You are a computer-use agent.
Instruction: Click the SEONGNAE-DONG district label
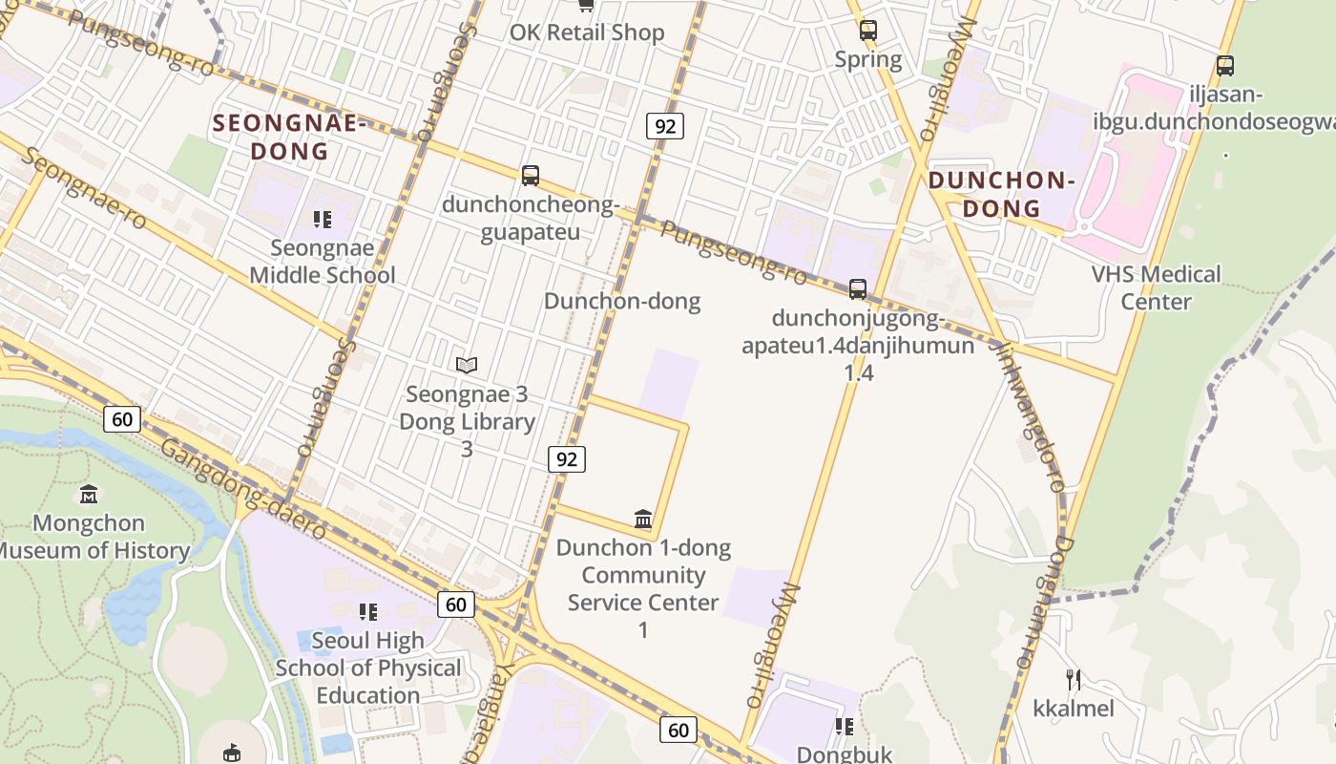[290, 137]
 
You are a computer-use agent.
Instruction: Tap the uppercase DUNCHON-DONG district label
[1001, 194]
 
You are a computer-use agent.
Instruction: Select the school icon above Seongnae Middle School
[323, 220]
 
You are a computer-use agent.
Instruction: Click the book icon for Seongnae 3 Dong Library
[467, 365]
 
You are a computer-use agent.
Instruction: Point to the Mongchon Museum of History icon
[89, 494]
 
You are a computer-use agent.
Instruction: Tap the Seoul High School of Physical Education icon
[367, 611]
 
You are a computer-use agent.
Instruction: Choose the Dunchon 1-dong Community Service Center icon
[643, 520]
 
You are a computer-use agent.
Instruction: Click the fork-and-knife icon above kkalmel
[1074, 680]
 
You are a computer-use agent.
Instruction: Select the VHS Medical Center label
[1156, 287]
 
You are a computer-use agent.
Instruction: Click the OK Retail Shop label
[586, 32]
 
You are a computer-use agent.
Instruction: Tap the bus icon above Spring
[867, 30]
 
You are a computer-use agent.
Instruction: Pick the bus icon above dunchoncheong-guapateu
[531, 176]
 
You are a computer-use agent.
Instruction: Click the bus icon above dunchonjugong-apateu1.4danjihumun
[858, 288]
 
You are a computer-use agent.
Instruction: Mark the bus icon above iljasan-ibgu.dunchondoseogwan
[1225, 66]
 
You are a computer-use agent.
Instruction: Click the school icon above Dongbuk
[845, 727]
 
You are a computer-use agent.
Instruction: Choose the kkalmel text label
[1074, 709]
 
